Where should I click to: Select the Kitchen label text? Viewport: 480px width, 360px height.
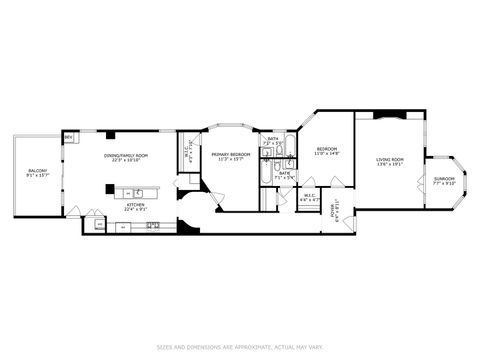pyautogui.click(x=134, y=205)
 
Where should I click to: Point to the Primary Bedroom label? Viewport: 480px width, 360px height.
pyautogui.click(x=228, y=154)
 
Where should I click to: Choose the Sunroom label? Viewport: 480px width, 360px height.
pyautogui.click(x=443, y=179)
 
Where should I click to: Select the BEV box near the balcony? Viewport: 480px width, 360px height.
pyautogui.click(x=68, y=137)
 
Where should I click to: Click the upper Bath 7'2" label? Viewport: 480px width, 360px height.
pyautogui.click(x=272, y=140)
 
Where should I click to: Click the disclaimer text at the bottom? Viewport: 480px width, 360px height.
pyautogui.click(x=240, y=347)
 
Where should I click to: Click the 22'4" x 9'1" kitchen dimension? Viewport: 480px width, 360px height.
pyautogui.click(x=134, y=210)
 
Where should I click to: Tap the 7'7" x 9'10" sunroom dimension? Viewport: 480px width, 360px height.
pyautogui.click(x=443, y=184)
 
